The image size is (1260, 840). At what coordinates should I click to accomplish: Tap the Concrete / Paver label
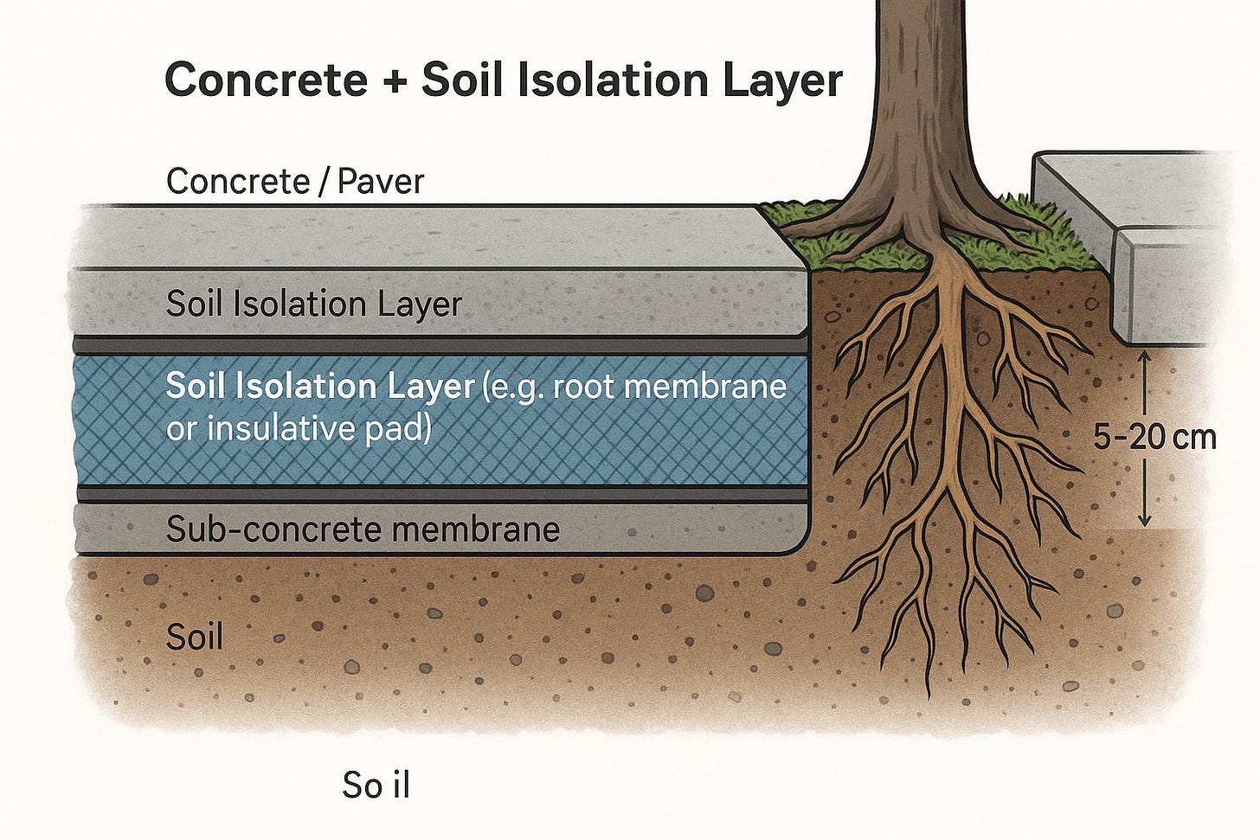295,182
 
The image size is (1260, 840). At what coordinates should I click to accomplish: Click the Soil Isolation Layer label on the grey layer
314,305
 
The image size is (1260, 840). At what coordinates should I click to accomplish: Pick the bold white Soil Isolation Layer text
320,386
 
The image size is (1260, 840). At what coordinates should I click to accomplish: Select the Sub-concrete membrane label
363,529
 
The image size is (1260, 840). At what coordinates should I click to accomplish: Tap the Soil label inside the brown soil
195,638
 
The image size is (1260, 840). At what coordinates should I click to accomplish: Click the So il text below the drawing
376,785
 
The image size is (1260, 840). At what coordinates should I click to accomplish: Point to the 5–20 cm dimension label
1154,438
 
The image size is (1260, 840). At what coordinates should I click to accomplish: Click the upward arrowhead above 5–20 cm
1145,356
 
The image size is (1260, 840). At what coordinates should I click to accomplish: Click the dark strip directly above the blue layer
441,344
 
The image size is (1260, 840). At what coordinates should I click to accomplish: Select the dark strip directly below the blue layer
441,493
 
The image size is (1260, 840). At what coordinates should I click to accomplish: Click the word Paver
381,182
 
